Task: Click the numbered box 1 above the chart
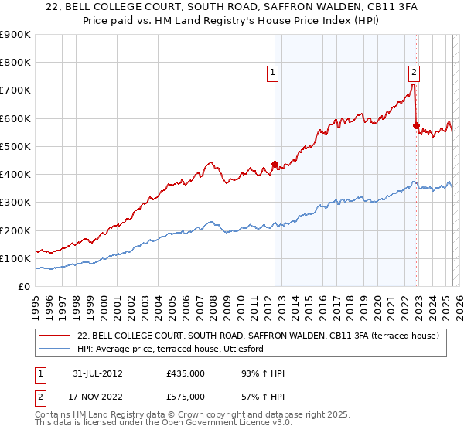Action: pyautogui.click(x=273, y=73)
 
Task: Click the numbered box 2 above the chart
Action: pyautogui.click(x=414, y=73)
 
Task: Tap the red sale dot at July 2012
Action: pyautogui.click(x=275, y=164)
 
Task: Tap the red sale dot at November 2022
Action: pyautogui.click(x=416, y=125)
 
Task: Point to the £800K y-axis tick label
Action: pyautogui.click(x=15, y=63)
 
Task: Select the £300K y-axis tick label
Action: pyautogui.click(x=15, y=203)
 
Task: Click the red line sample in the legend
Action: pyautogui.click(x=55, y=336)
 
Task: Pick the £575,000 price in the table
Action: pyautogui.click(x=185, y=397)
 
